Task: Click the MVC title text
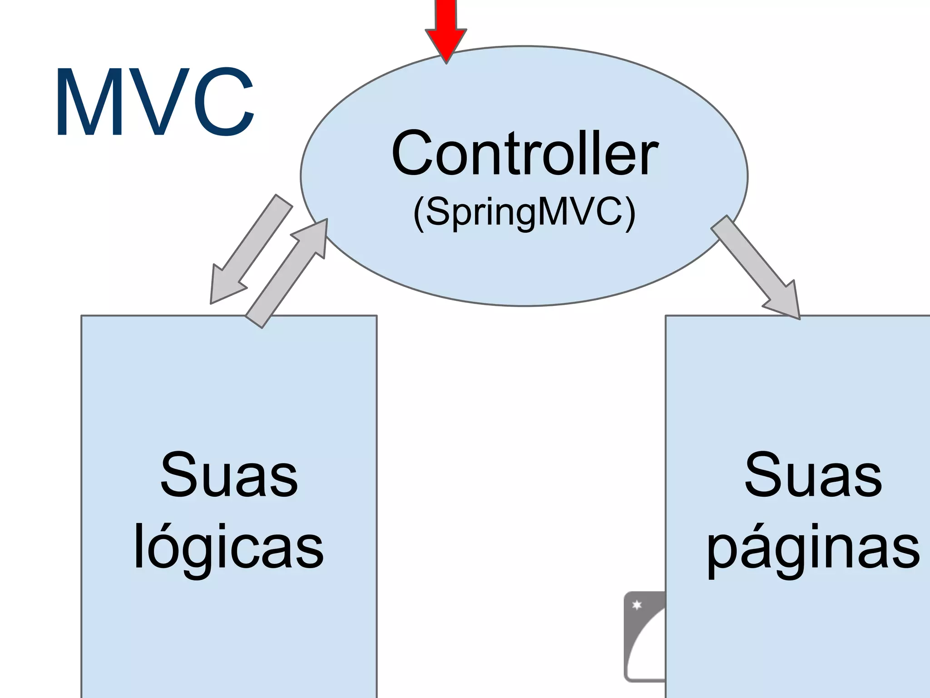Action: point(154,102)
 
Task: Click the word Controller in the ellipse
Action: point(524,153)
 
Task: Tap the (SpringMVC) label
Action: point(524,212)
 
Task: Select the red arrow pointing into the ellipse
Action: point(446,27)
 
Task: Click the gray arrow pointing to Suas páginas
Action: point(756,268)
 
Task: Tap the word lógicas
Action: point(228,547)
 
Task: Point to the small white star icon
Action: point(637,605)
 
